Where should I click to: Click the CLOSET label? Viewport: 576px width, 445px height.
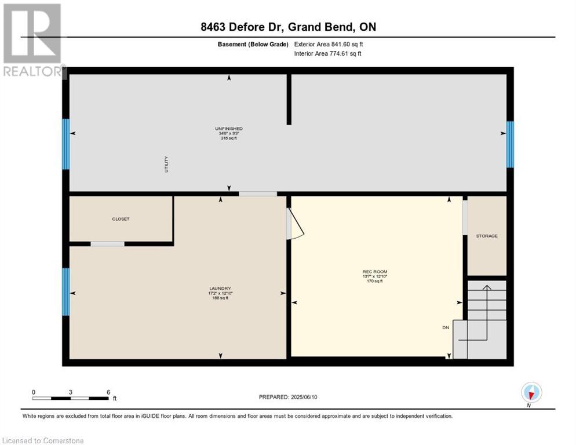(x=121, y=219)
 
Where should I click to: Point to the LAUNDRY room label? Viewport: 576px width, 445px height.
(x=220, y=289)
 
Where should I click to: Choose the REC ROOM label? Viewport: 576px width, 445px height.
(x=375, y=272)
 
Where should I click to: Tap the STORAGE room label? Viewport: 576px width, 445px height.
(x=487, y=236)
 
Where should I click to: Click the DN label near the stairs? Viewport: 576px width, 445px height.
(x=446, y=327)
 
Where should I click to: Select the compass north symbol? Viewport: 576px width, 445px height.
(x=531, y=393)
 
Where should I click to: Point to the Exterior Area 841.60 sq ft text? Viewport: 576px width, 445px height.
(x=329, y=44)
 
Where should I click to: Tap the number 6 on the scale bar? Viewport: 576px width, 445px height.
(x=108, y=392)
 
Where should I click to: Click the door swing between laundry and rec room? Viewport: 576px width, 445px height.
(x=296, y=224)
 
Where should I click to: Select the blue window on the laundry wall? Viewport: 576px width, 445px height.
(x=66, y=291)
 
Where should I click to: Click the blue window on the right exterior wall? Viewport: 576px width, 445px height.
(x=510, y=144)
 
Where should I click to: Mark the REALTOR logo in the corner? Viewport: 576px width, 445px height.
(x=33, y=41)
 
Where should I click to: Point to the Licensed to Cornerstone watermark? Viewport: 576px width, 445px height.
(x=43, y=441)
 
